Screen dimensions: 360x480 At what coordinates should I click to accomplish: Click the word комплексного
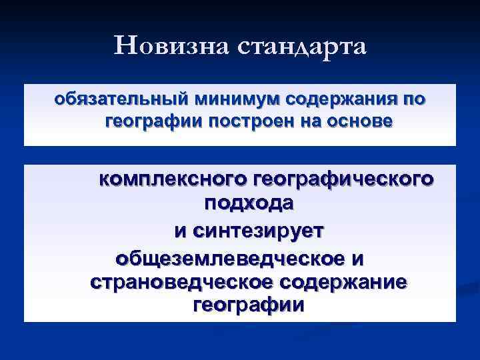[x=174, y=179]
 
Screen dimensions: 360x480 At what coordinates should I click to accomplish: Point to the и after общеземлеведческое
[x=360, y=257]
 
